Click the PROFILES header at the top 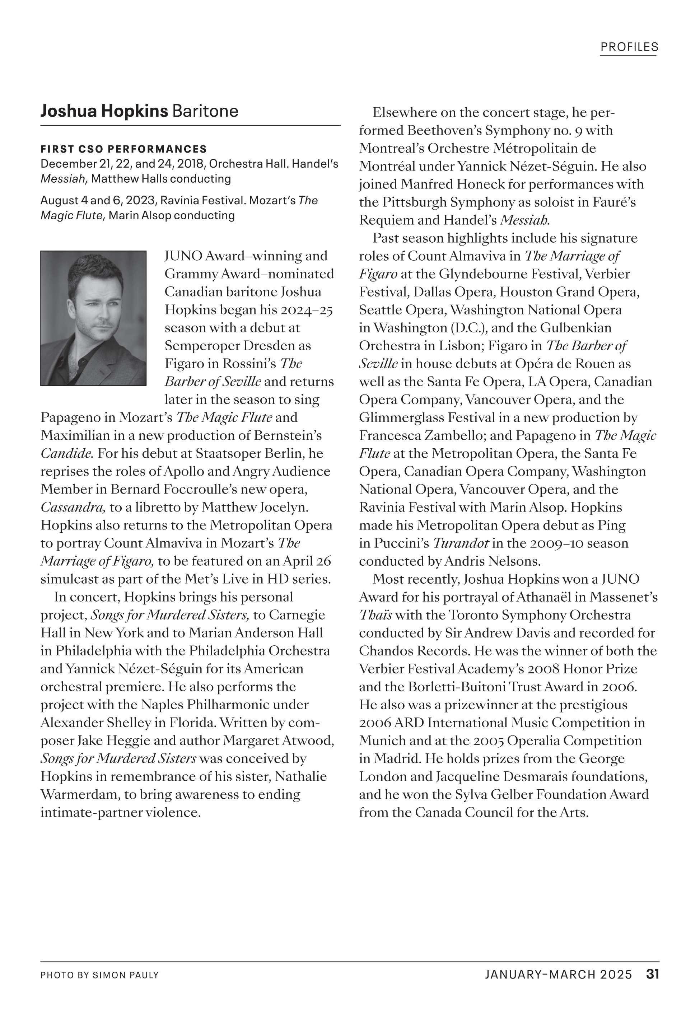629,47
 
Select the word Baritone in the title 205,111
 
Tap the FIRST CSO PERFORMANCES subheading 124,149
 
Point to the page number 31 653,974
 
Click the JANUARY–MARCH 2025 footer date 558,975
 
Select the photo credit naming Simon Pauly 99,975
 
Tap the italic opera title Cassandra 73,507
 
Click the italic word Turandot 461,543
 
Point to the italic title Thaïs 375,615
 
